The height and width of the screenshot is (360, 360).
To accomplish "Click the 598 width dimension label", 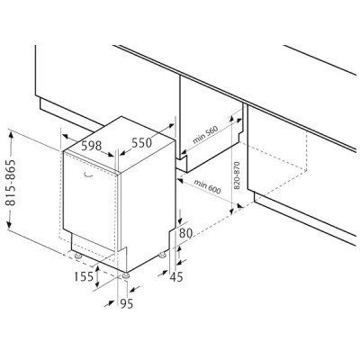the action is [92, 146].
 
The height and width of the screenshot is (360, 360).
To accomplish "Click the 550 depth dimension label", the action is [142, 143].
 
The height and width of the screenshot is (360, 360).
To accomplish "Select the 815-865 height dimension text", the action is [12, 183].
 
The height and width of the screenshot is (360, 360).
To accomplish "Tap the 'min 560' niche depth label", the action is [205, 133].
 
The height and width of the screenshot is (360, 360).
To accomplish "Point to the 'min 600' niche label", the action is [207, 186].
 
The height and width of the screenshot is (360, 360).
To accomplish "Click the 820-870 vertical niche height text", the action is [237, 175].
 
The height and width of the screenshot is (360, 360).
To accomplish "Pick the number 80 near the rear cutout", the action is [185, 233].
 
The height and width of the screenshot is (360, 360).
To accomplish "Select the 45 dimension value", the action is [176, 277].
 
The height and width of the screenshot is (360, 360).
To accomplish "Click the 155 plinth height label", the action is [84, 276].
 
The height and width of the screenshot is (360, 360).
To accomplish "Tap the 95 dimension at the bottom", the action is [126, 304].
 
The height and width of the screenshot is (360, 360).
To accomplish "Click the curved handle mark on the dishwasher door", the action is [88, 175].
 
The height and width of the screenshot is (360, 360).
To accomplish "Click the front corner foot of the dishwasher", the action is [126, 275].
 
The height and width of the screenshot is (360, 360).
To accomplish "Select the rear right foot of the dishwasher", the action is [162, 256].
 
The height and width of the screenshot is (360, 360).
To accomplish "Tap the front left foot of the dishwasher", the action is [78, 256].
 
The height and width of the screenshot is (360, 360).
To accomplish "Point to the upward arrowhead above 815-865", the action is [11, 138].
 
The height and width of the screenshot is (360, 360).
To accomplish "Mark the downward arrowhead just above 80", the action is [180, 220].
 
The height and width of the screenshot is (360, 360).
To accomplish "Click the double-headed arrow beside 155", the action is [97, 276].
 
